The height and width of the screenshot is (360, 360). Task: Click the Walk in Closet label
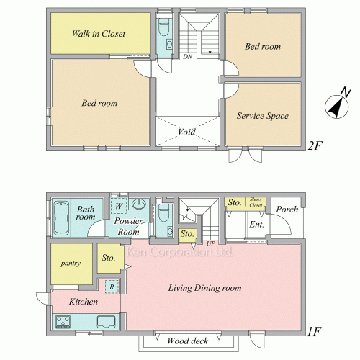click(99, 34)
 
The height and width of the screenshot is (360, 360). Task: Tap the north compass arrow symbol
click(337, 107)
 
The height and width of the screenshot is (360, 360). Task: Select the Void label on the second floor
click(186, 132)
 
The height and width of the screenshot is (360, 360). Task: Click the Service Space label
click(263, 116)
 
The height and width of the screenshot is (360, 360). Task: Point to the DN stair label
click(187, 57)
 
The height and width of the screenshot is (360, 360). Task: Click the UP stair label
click(211, 244)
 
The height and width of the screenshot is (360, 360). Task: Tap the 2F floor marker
click(315, 145)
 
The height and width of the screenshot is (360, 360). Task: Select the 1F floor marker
click(314, 331)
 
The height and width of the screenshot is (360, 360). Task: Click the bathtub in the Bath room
click(61, 217)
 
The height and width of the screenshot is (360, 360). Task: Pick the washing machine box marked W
click(119, 206)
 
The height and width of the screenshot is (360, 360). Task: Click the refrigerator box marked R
click(112, 287)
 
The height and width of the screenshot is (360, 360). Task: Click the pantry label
click(71, 264)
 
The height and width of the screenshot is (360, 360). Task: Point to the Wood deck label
click(188, 341)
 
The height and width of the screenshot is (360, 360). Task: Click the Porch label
click(287, 210)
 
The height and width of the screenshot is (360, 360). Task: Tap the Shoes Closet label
click(256, 202)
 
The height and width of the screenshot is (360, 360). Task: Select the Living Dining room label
click(204, 288)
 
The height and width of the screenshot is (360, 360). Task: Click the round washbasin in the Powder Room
click(139, 204)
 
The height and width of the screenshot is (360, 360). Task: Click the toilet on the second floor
click(164, 27)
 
